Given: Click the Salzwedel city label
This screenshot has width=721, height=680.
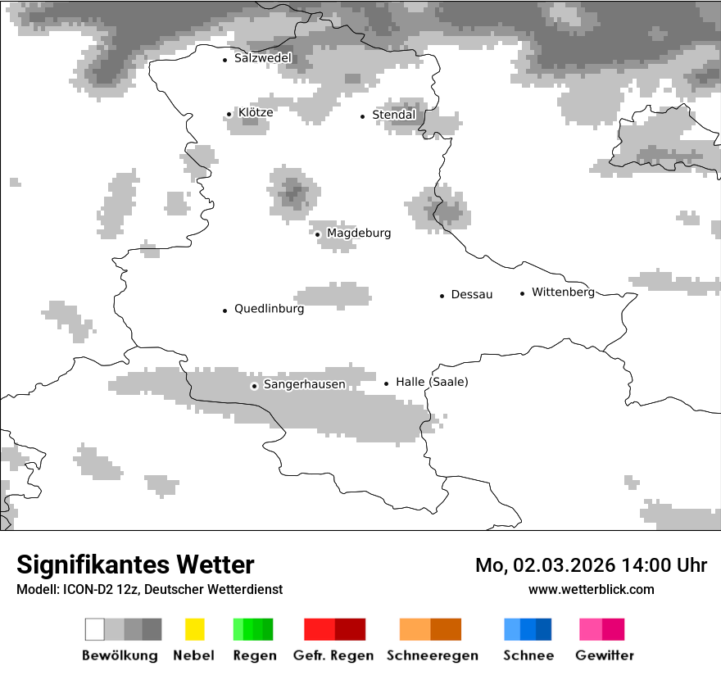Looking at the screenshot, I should (x=262, y=58).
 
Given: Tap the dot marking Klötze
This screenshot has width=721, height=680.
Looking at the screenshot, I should (x=229, y=114).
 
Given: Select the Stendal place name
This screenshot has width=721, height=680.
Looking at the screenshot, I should (x=393, y=115).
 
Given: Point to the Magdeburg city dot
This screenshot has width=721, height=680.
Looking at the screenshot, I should (x=317, y=234).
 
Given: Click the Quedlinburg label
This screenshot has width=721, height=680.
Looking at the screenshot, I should (x=269, y=309).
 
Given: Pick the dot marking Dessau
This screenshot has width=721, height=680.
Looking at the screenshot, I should (x=442, y=295).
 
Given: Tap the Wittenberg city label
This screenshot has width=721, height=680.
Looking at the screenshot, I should (x=563, y=292).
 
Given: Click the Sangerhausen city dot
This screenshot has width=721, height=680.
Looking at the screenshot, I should (x=254, y=385).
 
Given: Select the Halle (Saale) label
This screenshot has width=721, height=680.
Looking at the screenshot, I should (x=432, y=382).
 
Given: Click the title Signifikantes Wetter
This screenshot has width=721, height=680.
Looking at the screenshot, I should (x=135, y=564).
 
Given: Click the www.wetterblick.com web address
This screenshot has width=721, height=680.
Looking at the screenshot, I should (x=591, y=589).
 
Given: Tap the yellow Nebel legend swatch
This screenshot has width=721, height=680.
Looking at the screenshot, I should (x=194, y=629).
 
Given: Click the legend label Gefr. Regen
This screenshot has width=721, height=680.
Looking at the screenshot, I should (x=333, y=655).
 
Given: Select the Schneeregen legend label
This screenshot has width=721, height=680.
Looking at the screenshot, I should (x=432, y=655).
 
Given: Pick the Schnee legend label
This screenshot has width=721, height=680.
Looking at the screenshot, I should (x=528, y=655).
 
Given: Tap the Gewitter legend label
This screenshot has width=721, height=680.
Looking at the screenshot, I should (x=604, y=655).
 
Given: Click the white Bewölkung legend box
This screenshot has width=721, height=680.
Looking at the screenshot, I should (x=94, y=629).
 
